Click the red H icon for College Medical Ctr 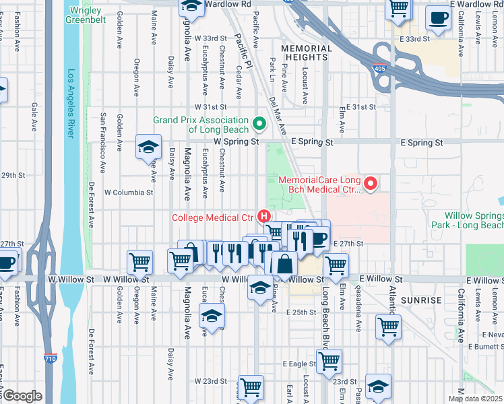coord(265,217)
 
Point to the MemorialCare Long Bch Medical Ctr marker coord(369,183)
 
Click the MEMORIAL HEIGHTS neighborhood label coord(304,53)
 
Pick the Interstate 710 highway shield coord(49,358)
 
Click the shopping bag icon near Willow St coord(284,265)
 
